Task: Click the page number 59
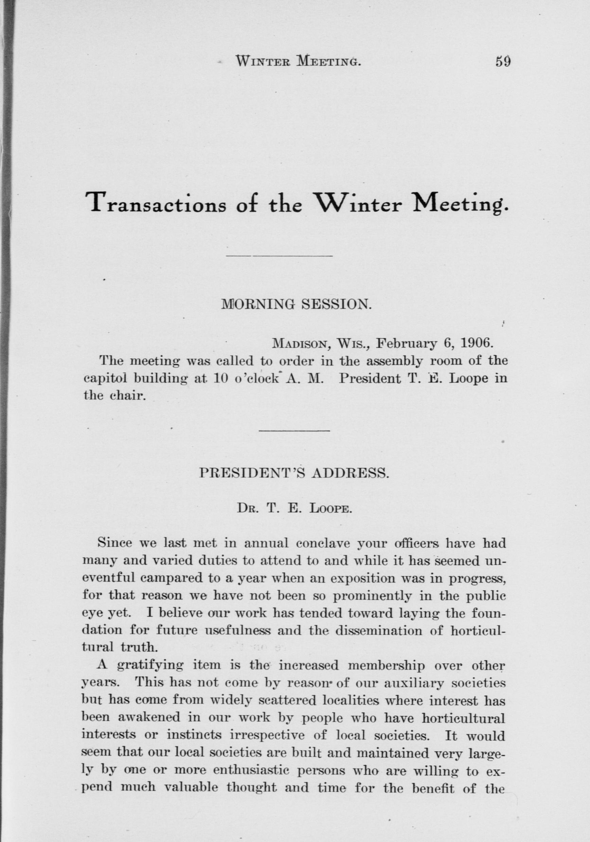503,60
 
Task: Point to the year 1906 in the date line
475,343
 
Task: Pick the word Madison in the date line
299,344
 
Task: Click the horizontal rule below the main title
279,255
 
